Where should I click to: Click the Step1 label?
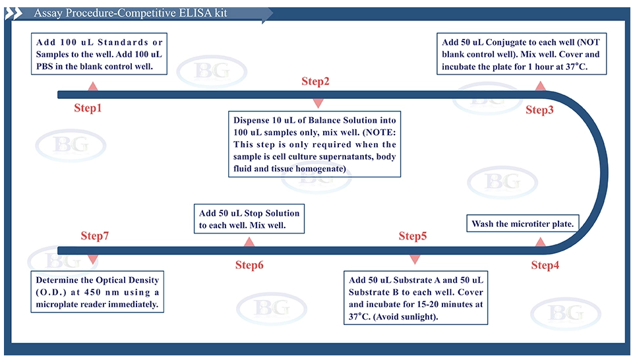88,108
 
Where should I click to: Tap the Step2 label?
315,82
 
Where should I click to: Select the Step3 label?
539,109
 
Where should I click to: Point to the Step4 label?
545,265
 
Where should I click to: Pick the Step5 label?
413,236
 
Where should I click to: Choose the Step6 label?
249,265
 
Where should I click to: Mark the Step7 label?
94,235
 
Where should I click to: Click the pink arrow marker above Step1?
93,86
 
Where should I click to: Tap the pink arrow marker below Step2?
318,104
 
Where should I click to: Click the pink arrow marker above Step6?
249,242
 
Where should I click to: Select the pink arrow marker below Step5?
415,259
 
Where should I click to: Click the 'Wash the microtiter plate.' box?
523,223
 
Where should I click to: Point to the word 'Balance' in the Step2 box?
324,120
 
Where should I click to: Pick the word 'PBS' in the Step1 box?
44,67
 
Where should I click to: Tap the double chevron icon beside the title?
13,14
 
